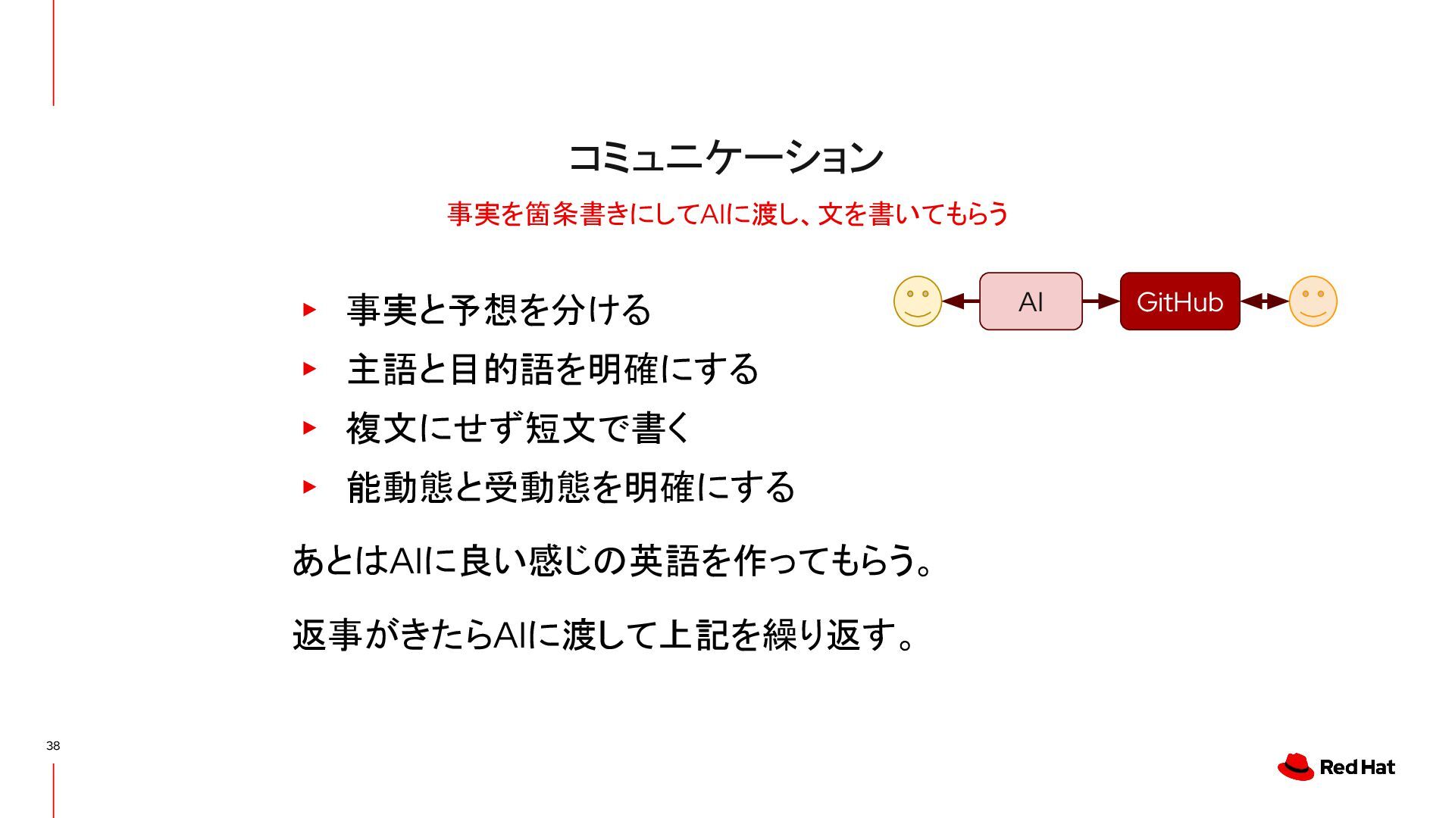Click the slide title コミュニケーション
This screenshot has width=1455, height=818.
coord(726,158)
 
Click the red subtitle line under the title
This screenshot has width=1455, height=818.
coord(727,214)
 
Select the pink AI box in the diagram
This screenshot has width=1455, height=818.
coord(1031,301)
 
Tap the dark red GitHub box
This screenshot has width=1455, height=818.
coord(1179,301)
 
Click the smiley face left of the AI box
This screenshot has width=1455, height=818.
coord(918,301)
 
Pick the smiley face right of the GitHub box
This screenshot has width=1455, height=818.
coord(1313,301)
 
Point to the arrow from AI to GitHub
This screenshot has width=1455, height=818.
coord(1101,301)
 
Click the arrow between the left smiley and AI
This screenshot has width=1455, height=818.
coord(960,301)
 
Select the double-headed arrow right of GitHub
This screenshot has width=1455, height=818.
coord(1264,301)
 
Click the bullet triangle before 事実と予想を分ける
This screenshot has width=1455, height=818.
coord(308,309)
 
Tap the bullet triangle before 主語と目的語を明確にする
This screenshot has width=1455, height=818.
coord(308,369)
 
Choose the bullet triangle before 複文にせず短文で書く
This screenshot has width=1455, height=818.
coord(308,427)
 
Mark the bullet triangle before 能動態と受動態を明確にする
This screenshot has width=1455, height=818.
coord(308,486)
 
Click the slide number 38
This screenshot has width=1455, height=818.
coord(53,745)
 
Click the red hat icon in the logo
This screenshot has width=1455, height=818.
coord(1296,766)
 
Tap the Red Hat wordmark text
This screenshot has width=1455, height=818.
coord(1357,767)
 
